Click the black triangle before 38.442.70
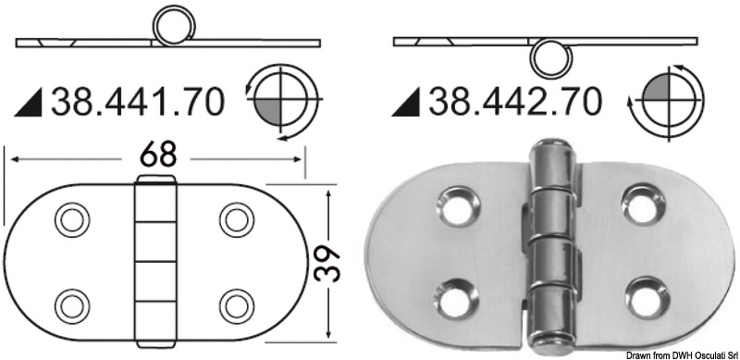pyautogui.click(x=405, y=105)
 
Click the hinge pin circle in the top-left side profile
pyautogui.click(x=171, y=28)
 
